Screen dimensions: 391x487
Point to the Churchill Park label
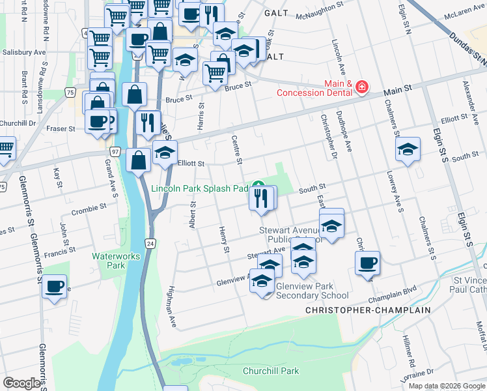[x=270, y=371]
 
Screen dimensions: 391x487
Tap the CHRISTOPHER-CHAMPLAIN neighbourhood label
[x=368, y=311]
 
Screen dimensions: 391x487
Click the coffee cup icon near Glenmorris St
[x=55, y=285]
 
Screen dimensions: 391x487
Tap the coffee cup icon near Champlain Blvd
[x=367, y=263]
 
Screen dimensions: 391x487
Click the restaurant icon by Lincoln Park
[x=262, y=197]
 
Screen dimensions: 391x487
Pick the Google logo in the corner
[x=21, y=383]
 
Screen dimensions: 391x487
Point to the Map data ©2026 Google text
[x=447, y=385]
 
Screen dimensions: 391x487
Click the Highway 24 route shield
[x=150, y=243]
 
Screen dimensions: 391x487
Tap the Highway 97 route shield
[x=115, y=151]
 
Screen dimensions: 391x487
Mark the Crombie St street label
[x=88, y=207]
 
